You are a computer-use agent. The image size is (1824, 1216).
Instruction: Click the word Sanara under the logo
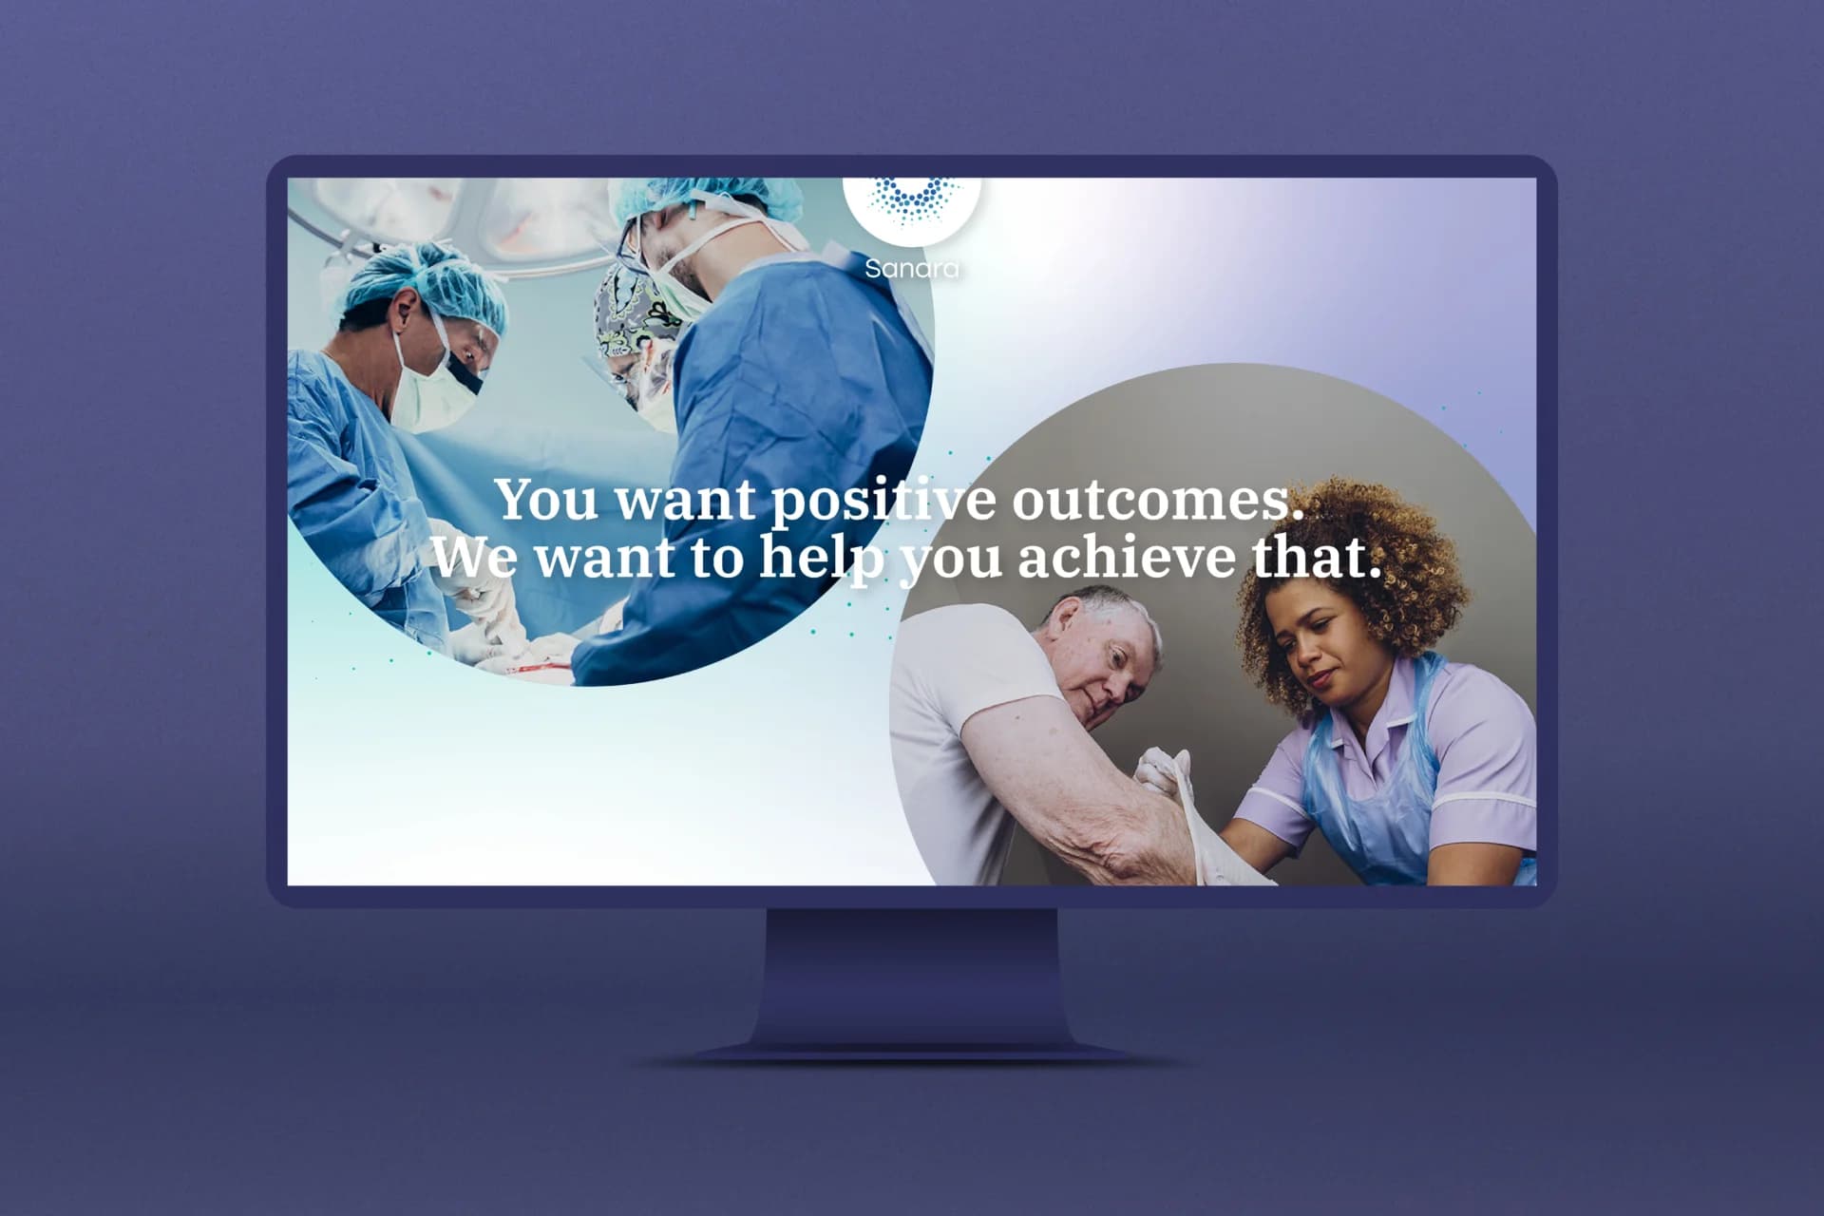click(912, 269)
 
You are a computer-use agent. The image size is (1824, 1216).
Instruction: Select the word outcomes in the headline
click(1156, 500)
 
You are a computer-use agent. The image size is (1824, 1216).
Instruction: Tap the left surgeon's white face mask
click(432, 380)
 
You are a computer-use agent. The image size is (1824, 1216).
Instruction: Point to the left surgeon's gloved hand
click(475, 589)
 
